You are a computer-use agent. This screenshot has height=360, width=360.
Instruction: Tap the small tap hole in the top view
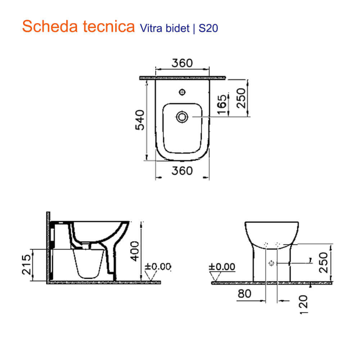coord(182,92)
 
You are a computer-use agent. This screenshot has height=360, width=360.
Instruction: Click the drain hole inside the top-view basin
coord(182,116)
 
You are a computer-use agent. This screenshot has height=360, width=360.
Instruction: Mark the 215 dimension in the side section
coord(26,265)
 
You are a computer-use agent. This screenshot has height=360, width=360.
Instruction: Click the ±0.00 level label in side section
coord(157,267)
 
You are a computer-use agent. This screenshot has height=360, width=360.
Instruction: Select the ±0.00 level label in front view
coord(222,267)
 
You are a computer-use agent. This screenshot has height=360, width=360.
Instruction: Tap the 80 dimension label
coord(245,294)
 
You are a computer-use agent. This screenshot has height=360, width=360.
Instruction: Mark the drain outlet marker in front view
coord(271,263)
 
